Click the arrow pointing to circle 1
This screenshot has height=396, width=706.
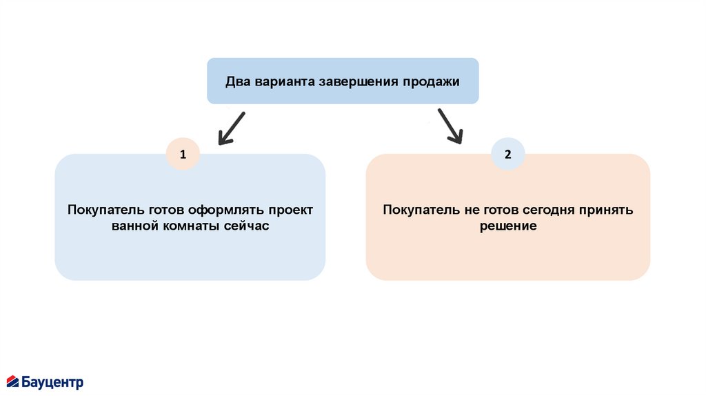point(231,128)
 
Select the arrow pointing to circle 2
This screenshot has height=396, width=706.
point(450,126)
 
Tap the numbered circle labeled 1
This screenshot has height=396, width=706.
point(183,155)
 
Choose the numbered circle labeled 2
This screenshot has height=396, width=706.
point(508,155)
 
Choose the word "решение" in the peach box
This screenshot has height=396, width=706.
point(508,226)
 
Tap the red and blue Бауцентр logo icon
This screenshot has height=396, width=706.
point(13,382)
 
